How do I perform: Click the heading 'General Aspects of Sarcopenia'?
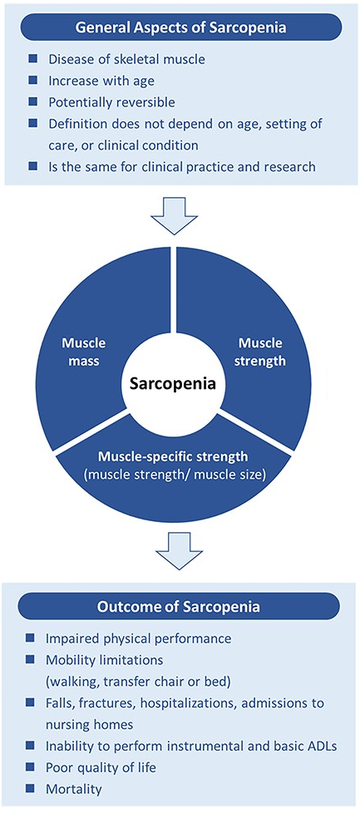180,27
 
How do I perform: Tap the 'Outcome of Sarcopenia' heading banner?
180,606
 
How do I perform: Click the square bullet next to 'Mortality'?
32,784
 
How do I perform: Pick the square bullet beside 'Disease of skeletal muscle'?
32,60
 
